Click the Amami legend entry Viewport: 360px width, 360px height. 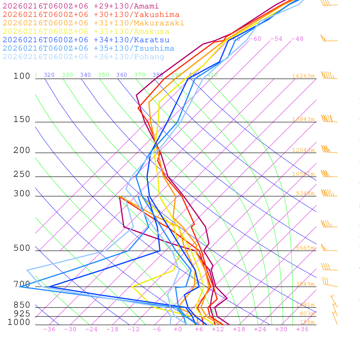pos(81,6)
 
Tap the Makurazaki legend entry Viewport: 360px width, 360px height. pos(93,23)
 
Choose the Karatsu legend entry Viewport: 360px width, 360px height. pos(86,40)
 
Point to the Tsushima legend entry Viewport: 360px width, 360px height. pos(88,49)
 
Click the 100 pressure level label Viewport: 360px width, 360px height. pos(22,76)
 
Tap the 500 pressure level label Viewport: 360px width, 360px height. pos(22,248)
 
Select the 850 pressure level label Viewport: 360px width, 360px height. pos(22,305)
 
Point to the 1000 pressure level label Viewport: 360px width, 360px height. pos(19,322)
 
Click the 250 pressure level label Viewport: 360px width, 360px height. pos(22,174)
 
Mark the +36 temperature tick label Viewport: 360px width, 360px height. pos(302,329)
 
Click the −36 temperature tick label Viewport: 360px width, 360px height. pos(49,329)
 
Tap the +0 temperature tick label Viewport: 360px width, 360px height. pos(178,329)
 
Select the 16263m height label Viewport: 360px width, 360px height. pos(303,76)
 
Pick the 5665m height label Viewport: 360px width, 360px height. pos(305,248)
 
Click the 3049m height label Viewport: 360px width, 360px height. pos(305,284)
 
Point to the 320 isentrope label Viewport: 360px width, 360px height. pos(49,75)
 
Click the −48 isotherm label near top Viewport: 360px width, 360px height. pos(297,39)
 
